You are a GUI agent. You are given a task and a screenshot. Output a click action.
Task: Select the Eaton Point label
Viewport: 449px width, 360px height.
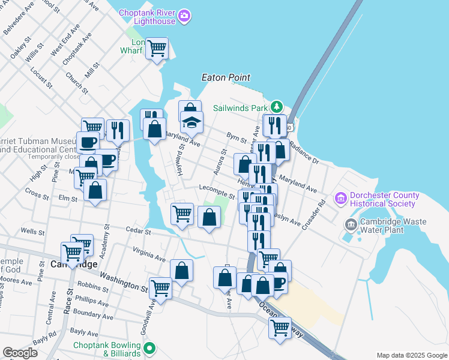pyautogui.click(x=226, y=78)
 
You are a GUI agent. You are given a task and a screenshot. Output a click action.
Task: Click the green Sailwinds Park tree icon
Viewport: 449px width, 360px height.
pyautogui.click(x=276, y=107)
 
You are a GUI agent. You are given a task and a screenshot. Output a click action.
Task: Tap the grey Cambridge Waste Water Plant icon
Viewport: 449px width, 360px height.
pyautogui.click(x=350, y=224)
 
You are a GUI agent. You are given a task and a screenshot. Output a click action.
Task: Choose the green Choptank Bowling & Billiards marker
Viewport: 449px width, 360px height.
pyautogui.click(x=149, y=347)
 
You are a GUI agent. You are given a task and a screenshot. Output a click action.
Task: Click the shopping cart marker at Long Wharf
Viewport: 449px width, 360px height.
pyautogui.click(x=157, y=48)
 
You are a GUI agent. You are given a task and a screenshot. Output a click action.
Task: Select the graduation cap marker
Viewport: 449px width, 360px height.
pyautogui.click(x=192, y=122)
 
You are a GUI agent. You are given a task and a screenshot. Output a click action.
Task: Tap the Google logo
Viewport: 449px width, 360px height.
pyautogui.click(x=20, y=353)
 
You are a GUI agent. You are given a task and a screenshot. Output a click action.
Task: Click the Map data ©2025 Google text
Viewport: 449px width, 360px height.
pyautogui.click(x=411, y=355)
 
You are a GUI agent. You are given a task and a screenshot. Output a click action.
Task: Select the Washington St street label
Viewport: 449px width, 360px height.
pyautogui.click(x=124, y=281)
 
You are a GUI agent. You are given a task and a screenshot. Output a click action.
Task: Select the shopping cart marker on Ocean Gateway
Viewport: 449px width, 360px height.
pyautogui.click(x=280, y=328)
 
